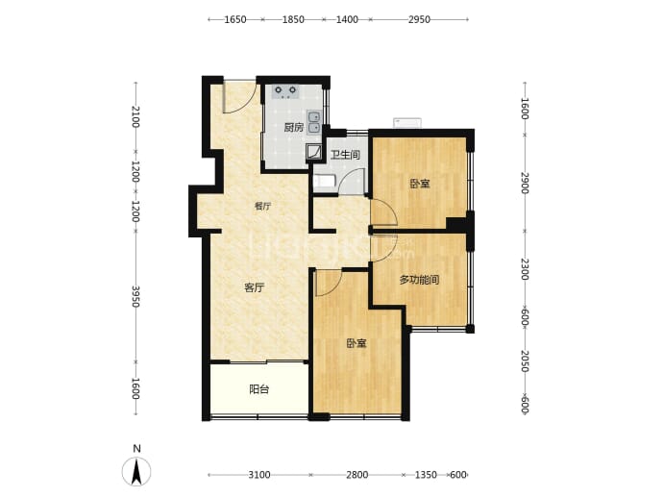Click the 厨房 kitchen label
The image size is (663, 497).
[293, 127]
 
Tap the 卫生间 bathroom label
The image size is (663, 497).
[345, 155]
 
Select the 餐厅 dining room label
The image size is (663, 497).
[262, 207]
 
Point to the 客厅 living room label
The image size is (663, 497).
[254, 287]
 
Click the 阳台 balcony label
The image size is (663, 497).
[258, 389]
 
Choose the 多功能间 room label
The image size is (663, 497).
[419, 280]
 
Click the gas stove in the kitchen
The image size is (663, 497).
[285, 91]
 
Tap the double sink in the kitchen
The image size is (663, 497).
[314, 123]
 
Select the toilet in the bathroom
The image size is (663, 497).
[324, 182]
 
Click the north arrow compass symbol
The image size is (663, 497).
[136, 472]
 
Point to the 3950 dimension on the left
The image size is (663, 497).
[135, 297]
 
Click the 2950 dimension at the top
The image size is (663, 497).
[419, 19]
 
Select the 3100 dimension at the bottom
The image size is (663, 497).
[259, 475]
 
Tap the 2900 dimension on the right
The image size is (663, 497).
[525, 183]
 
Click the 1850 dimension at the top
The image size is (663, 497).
[293, 19]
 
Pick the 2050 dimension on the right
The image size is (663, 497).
[525, 360]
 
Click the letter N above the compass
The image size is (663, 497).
[136, 449]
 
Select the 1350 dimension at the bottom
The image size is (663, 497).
[426, 475]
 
